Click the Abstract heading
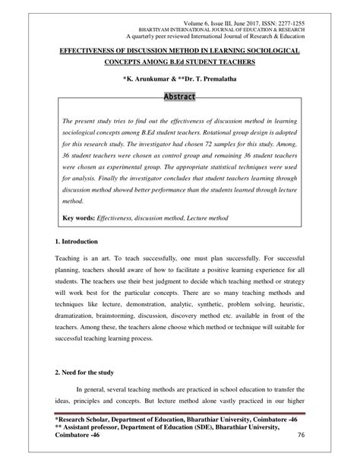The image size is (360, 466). pyautogui.click(x=179, y=97)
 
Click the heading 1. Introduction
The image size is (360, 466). pyautogui.click(x=77, y=241)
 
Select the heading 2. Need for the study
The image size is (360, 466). pyautogui.click(x=84, y=374)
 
